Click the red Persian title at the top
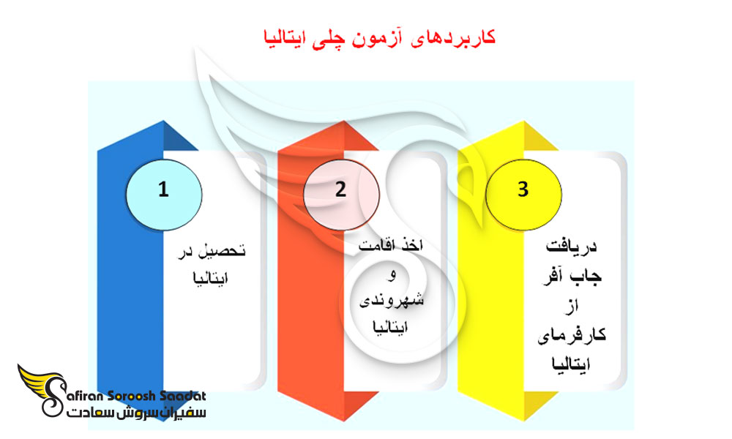pyautogui.click(x=378, y=38)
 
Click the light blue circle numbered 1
pyautogui.click(x=163, y=190)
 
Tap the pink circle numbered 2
pyautogui.click(x=340, y=190)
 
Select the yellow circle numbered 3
pyautogui.click(x=522, y=190)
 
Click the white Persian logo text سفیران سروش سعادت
pyautogui.click(x=135, y=413)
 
